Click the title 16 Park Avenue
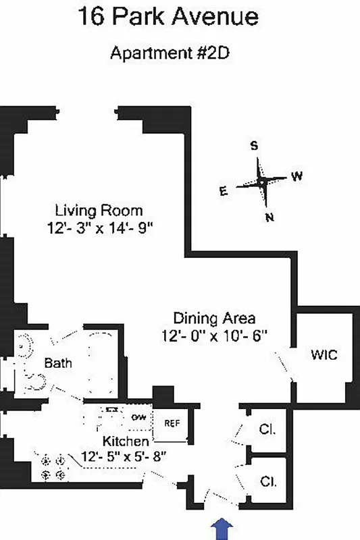point(168,16)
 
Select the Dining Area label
point(214,317)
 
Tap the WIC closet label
point(324,354)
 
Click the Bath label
point(58,363)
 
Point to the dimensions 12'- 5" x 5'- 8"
point(124,456)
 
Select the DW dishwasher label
point(139,416)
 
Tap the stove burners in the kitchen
point(54,468)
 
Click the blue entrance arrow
point(220,529)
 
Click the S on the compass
point(255,146)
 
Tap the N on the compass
point(269,217)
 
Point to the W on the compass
point(297,176)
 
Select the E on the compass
point(223,191)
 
